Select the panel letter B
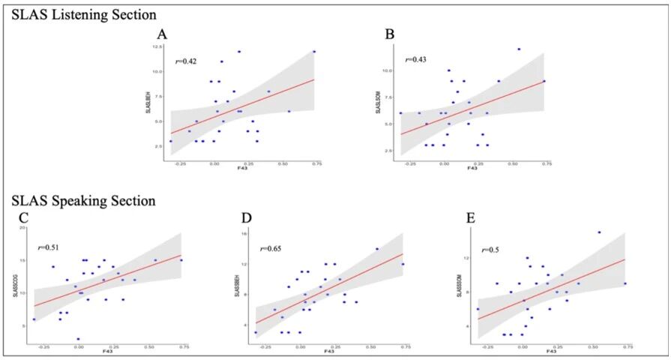389,34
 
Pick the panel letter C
23,218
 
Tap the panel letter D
247,218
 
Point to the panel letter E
470,218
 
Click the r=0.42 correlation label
186,62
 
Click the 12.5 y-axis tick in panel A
157,46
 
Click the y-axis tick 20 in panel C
22,227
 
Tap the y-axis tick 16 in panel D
244,233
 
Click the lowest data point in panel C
78,339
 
